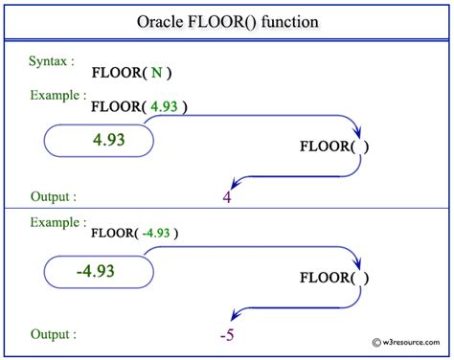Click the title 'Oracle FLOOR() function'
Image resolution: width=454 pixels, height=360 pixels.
pos(227,21)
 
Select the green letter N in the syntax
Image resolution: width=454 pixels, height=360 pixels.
pos(154,72)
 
